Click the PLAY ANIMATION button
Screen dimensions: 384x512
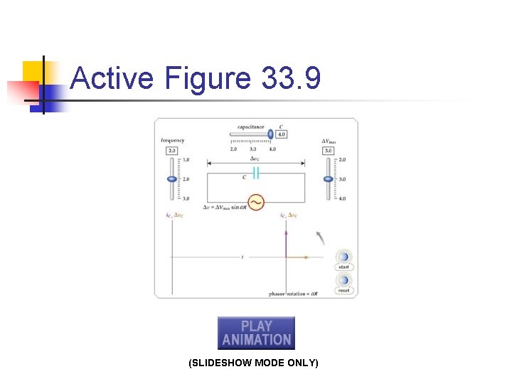tap(256, 333)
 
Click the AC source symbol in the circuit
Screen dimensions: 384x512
tap(255, 203)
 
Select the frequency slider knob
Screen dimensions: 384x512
tap(171, 179)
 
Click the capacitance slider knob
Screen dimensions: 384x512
tap(270, 133)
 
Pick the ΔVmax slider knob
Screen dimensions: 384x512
tap(328, 180)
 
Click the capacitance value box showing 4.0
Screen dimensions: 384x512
tap(282, 134)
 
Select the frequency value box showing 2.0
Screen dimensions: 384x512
tap(171, 151)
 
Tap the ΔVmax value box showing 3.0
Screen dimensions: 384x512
tap(328, 151)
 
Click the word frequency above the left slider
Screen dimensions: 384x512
tap(172, 141)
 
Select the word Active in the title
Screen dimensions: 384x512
tap(112, 78)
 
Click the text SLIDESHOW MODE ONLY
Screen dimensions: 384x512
tap(253, 363)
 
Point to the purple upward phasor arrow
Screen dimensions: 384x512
tap(286, 242)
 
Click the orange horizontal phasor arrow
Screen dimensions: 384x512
tap(299, 256)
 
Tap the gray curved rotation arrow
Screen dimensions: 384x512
tap(320, 237)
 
